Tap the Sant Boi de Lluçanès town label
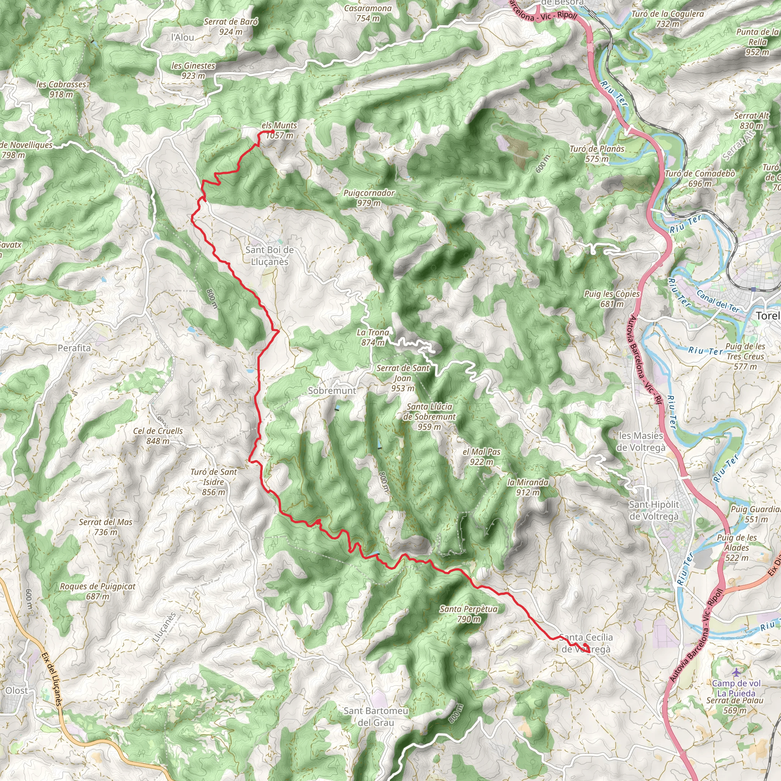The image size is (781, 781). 270,256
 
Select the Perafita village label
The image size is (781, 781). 74,348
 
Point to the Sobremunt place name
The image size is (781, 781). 332,391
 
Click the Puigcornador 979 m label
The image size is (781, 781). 369,198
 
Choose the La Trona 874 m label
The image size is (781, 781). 373,337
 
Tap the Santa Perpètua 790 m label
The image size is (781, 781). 469,614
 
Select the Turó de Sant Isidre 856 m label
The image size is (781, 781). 214,482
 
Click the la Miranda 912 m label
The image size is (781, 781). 528,487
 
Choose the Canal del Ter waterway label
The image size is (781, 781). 718,302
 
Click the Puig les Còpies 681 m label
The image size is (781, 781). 612,299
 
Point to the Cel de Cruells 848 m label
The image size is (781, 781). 158,436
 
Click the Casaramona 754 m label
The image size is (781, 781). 368,13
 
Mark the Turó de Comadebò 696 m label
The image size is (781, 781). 700,178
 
